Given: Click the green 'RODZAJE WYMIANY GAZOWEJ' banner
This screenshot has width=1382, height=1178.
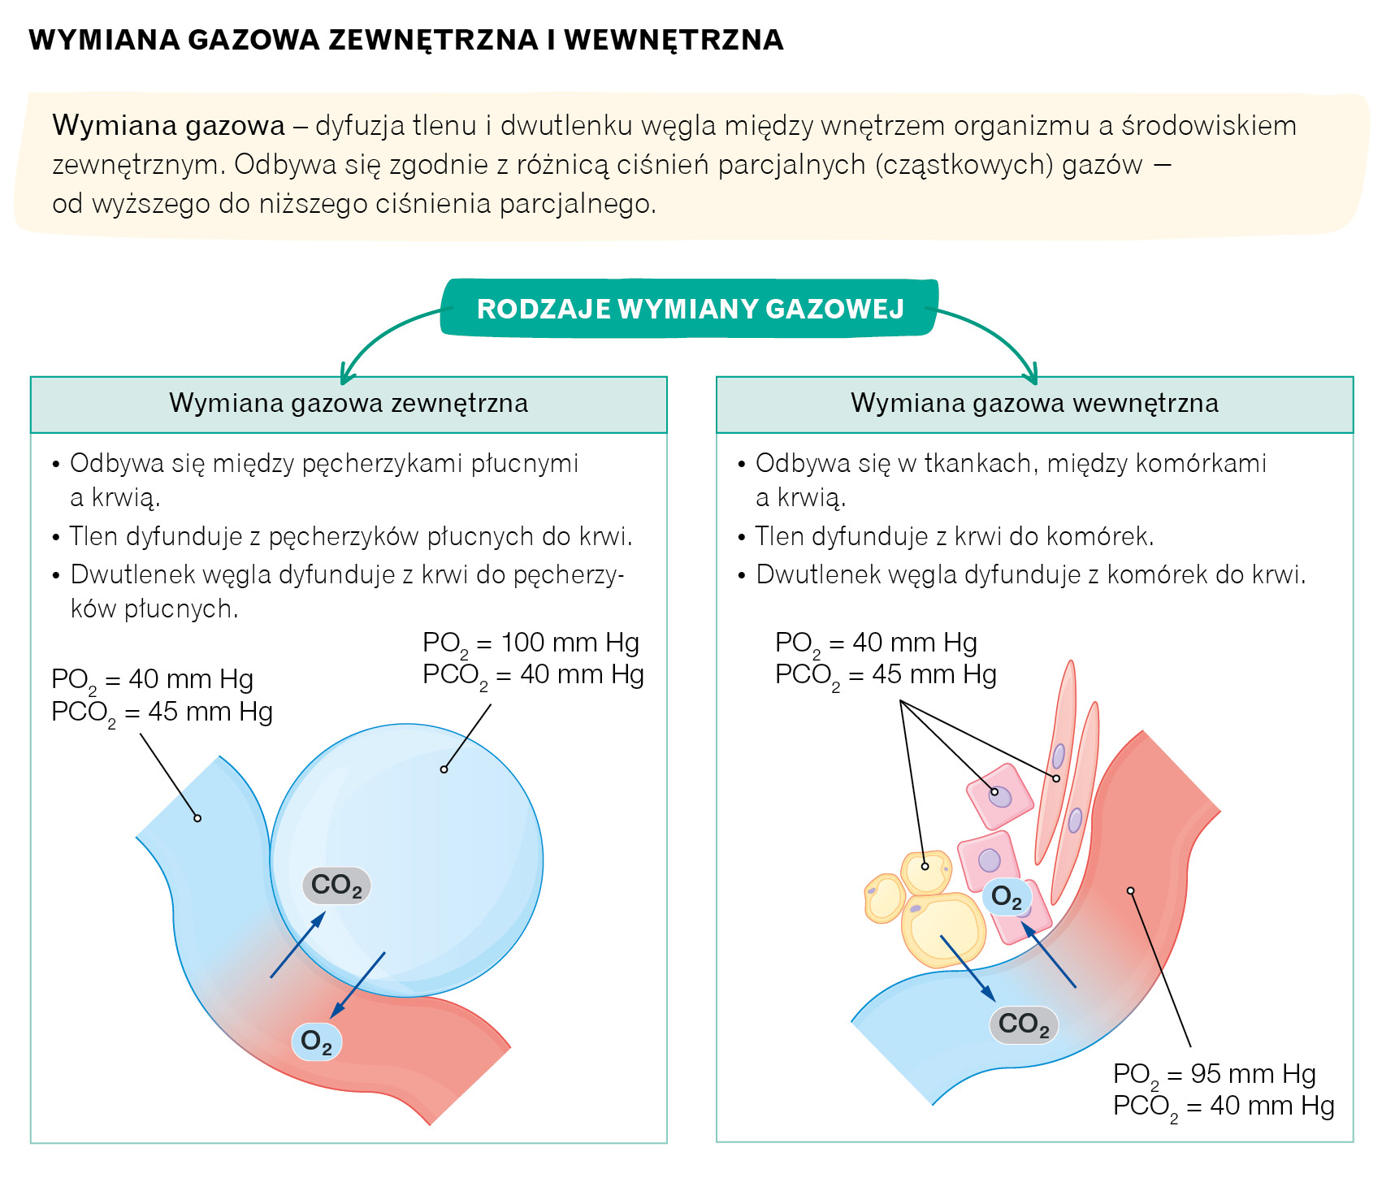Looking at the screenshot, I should tap(690, 308).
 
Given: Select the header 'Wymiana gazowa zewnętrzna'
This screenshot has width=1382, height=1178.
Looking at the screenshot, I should tap(349, 404).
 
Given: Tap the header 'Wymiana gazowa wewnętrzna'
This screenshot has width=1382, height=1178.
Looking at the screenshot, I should tap(1034, 404).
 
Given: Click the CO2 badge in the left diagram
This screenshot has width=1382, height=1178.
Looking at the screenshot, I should tap(336, 885).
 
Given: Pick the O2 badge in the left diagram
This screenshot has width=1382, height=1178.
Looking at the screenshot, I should tap(316, 1041).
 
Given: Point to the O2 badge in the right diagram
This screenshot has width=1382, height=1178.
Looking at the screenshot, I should tap(1007, 897).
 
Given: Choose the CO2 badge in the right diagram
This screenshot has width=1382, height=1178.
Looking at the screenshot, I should tap(1024, 1024).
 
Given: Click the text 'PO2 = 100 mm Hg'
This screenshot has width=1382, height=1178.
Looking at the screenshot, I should tap(531, 643).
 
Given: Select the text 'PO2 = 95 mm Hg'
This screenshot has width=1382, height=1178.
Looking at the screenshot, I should tap(1214, 1074).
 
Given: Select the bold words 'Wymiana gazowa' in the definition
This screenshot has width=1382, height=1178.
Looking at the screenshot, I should tap(169, 126).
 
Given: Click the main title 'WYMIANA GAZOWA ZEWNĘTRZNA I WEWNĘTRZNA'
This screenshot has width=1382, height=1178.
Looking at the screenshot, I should tap(406, 40).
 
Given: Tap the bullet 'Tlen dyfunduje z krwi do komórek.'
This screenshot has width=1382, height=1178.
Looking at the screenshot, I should tap(954, 536).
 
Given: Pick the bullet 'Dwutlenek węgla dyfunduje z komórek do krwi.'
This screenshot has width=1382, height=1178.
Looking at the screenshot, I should tap(1030, 574).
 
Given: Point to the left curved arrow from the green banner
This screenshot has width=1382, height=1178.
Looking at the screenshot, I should tap(382, 333).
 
